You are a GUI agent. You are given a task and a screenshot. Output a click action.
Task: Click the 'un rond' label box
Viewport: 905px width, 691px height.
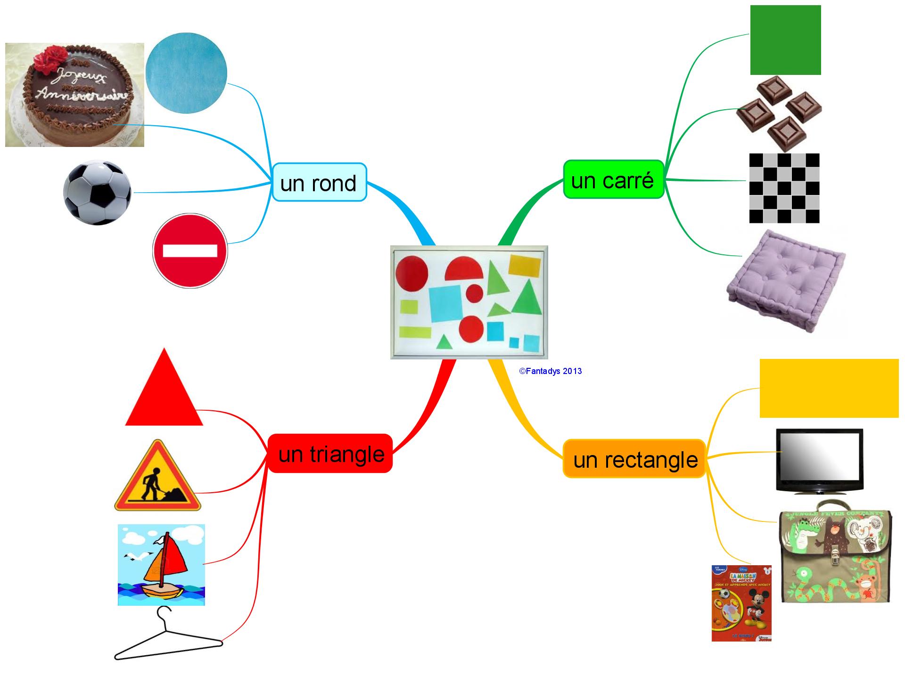pyautogui.click(x=319, y=182)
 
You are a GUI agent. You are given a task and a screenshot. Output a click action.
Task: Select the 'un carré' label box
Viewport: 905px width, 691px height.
pyautogui.click(x=613, y=179)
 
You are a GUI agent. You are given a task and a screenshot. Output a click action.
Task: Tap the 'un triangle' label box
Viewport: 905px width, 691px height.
pyautogui.click(x=330, y=454)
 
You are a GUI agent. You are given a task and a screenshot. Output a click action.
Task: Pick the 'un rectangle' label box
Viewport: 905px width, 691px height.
pyautogui.click(x=634, y=459)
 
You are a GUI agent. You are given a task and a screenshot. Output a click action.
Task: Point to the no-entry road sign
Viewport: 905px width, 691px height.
pyautogui.click(x=190, y=251)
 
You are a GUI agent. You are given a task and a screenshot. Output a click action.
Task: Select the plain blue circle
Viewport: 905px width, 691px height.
pyautogui.click(x=186, y=73)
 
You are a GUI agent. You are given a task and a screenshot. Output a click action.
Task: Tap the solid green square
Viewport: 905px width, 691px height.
pyautogui.click(x=785, y=40)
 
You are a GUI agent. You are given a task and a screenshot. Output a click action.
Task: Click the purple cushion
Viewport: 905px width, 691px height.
pyautogui.click(x=785, y=283)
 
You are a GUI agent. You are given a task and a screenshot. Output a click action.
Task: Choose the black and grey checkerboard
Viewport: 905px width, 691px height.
pyautogui.click(x=784, y=188)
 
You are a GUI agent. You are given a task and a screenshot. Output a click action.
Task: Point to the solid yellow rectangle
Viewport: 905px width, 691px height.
pyautogui.click(x=829, y=388)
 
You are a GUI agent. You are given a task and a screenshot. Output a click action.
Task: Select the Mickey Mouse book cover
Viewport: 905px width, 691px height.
pyautogui.click(x=741, y=603)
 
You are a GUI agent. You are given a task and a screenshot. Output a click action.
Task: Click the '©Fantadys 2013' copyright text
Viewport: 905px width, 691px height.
pyautogui.click(x=551, y=371)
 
